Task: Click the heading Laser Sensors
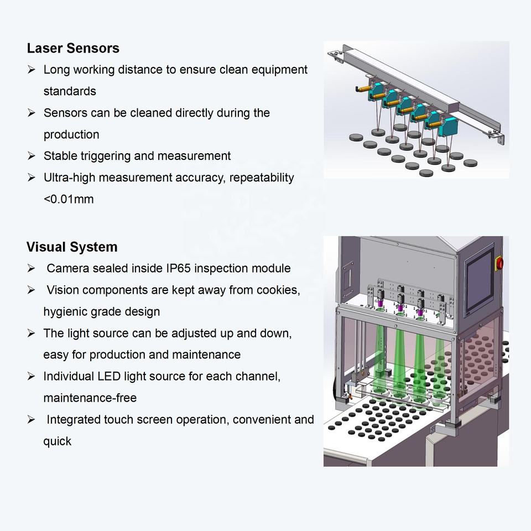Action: coord(73,48)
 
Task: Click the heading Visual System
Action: coord(72,247)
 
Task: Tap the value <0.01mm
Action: coord(69,199)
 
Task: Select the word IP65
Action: coord(179,268)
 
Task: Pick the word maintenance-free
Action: coord(90,398)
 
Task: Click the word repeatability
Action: coord(262,178)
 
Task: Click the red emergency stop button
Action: coord(499,263)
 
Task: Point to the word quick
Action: coord(58,441)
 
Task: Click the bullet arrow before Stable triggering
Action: coord(31,156)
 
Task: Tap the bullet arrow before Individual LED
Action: coord(31,376)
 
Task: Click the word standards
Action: coord(70,91)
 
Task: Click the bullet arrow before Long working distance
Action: coord(31,70)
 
